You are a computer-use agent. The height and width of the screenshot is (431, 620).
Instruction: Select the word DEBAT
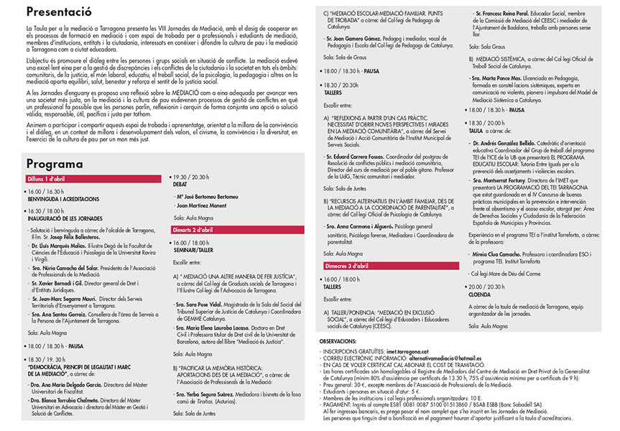(181, 184)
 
